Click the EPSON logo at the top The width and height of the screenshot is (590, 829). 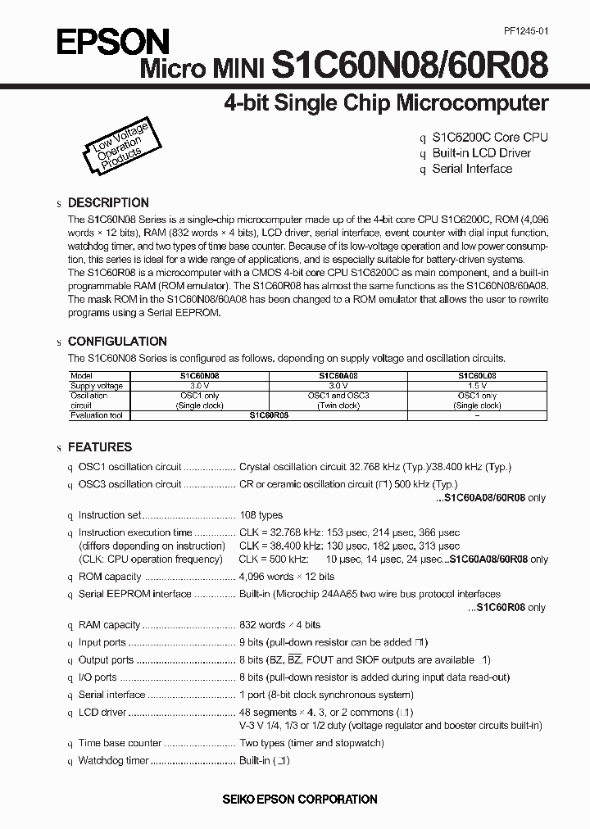tap(113, 40)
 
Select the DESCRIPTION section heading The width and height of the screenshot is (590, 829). tap(107, 202)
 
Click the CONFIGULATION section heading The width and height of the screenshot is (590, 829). tap(116, 341)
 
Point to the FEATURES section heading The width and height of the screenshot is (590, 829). tap(99, 447)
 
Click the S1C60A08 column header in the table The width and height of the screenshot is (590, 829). tap(338, 376)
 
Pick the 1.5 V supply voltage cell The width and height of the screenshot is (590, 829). tap(477, 386)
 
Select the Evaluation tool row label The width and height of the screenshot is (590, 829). tap(96, 415)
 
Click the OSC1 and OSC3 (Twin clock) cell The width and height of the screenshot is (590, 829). tap(338, 401)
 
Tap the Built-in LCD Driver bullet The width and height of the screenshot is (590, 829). tap(481, 153)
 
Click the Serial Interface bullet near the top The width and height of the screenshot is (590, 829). tap(472, 169)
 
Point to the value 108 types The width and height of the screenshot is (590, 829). tap(261, 515)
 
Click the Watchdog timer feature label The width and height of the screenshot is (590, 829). tap(113, 760)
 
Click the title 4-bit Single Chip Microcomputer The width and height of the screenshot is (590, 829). tap(385, 103)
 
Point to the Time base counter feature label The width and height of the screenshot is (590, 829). tap(120, 743)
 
